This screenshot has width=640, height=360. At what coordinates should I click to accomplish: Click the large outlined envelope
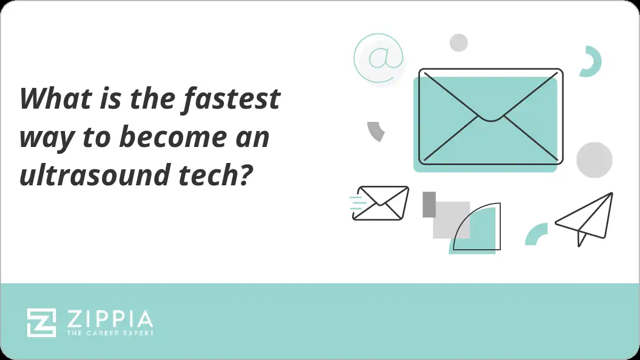click(490, 116)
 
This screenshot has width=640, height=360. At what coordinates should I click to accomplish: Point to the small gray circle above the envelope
click(458, 43)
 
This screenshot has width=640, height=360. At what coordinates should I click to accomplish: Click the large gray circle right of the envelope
click(594, 160)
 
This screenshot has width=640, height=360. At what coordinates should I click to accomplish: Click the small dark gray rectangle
click(429, 204)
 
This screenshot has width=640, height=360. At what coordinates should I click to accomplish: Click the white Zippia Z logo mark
click(42, 323)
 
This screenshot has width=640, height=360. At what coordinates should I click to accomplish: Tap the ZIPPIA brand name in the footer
click(110, 319)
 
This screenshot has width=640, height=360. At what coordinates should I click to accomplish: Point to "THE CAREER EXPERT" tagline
click(110, 333)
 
